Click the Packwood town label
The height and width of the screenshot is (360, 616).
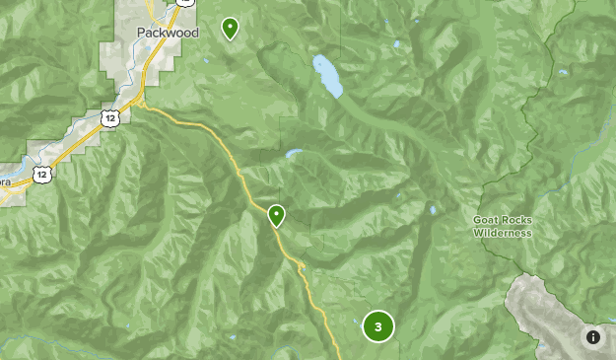point(167,33)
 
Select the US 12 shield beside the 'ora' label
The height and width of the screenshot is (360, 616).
point(39,174)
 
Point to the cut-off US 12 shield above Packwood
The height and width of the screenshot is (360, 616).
point(183,2)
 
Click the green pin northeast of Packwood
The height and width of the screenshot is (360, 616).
point(231,29)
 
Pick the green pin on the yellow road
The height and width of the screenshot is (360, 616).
point(277,214)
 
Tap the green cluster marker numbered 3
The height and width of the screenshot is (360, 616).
point(378,326)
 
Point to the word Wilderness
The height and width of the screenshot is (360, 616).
point(502,234)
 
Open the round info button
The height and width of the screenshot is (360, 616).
point(593,337)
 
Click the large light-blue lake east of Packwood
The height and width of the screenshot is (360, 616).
point(327,76)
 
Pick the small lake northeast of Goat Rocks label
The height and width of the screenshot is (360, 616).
point(562,72)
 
